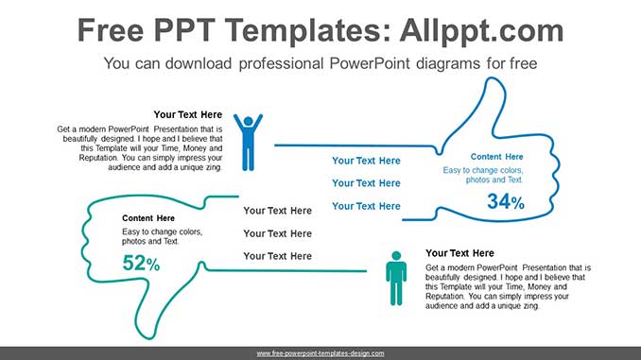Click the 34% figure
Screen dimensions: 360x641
click(505, 201)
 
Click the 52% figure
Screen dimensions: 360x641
click(141, 265)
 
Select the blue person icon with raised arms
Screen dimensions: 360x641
click(248, 142)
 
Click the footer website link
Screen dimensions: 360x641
click(320, 353)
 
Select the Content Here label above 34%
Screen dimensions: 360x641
click(496, 157)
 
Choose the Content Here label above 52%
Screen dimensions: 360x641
click(148, 218)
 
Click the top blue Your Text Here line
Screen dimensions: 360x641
click(366, 161)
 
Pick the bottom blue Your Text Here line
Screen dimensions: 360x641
click(366, 206)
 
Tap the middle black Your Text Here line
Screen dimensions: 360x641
click(277, 233)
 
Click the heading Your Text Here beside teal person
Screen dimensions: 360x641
click(459, 253)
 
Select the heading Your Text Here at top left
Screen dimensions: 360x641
click(187, 114)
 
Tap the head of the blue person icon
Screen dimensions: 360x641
click(248, 121)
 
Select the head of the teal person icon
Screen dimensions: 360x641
click(396, 255)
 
